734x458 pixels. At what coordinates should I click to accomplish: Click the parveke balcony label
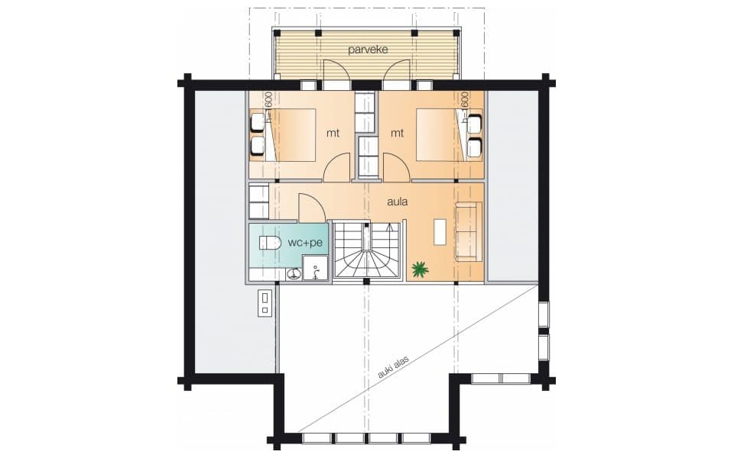[368, 50]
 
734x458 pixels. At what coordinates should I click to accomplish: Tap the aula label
[397, 202]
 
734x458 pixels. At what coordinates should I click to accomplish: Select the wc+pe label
[305, 243]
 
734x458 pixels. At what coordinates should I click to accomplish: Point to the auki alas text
[393, 367]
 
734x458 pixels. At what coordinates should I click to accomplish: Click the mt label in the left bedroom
[333, 133]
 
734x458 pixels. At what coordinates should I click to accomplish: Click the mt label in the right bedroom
[397, 133]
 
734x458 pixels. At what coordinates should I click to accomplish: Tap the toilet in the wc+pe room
[270, 243]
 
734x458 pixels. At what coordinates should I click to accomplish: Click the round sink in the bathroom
[294, 274]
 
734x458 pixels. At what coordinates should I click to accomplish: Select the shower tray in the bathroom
[316, 268]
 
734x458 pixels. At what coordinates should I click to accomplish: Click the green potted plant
[420, 269]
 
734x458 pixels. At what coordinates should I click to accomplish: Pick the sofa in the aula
[469, 231]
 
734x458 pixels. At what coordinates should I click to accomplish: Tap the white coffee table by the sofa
[440, 232]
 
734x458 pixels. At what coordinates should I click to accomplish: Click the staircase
[367, 250]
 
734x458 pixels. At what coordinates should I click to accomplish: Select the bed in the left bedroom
[290, 135]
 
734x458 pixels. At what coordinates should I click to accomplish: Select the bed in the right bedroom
[441, 135]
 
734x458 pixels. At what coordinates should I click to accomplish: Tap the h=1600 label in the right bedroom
[464, 107]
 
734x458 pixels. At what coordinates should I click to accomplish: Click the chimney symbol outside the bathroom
[265, 303]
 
